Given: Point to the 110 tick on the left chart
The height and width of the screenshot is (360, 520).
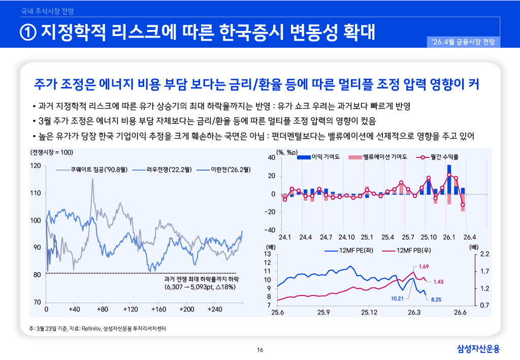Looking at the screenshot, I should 36,193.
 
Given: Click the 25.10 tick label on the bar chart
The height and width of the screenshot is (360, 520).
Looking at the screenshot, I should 429,237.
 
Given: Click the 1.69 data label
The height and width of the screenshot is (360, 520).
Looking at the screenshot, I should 424,267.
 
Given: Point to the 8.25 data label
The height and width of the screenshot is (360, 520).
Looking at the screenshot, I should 436,300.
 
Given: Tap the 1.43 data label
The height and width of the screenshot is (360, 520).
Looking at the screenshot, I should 438,282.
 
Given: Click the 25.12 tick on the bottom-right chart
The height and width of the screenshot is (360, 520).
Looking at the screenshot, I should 369,312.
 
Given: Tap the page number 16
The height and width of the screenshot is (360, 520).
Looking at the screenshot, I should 260,349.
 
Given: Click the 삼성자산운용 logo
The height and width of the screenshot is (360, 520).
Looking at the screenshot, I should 478,349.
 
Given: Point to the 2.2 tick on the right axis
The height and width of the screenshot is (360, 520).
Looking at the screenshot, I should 484,254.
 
